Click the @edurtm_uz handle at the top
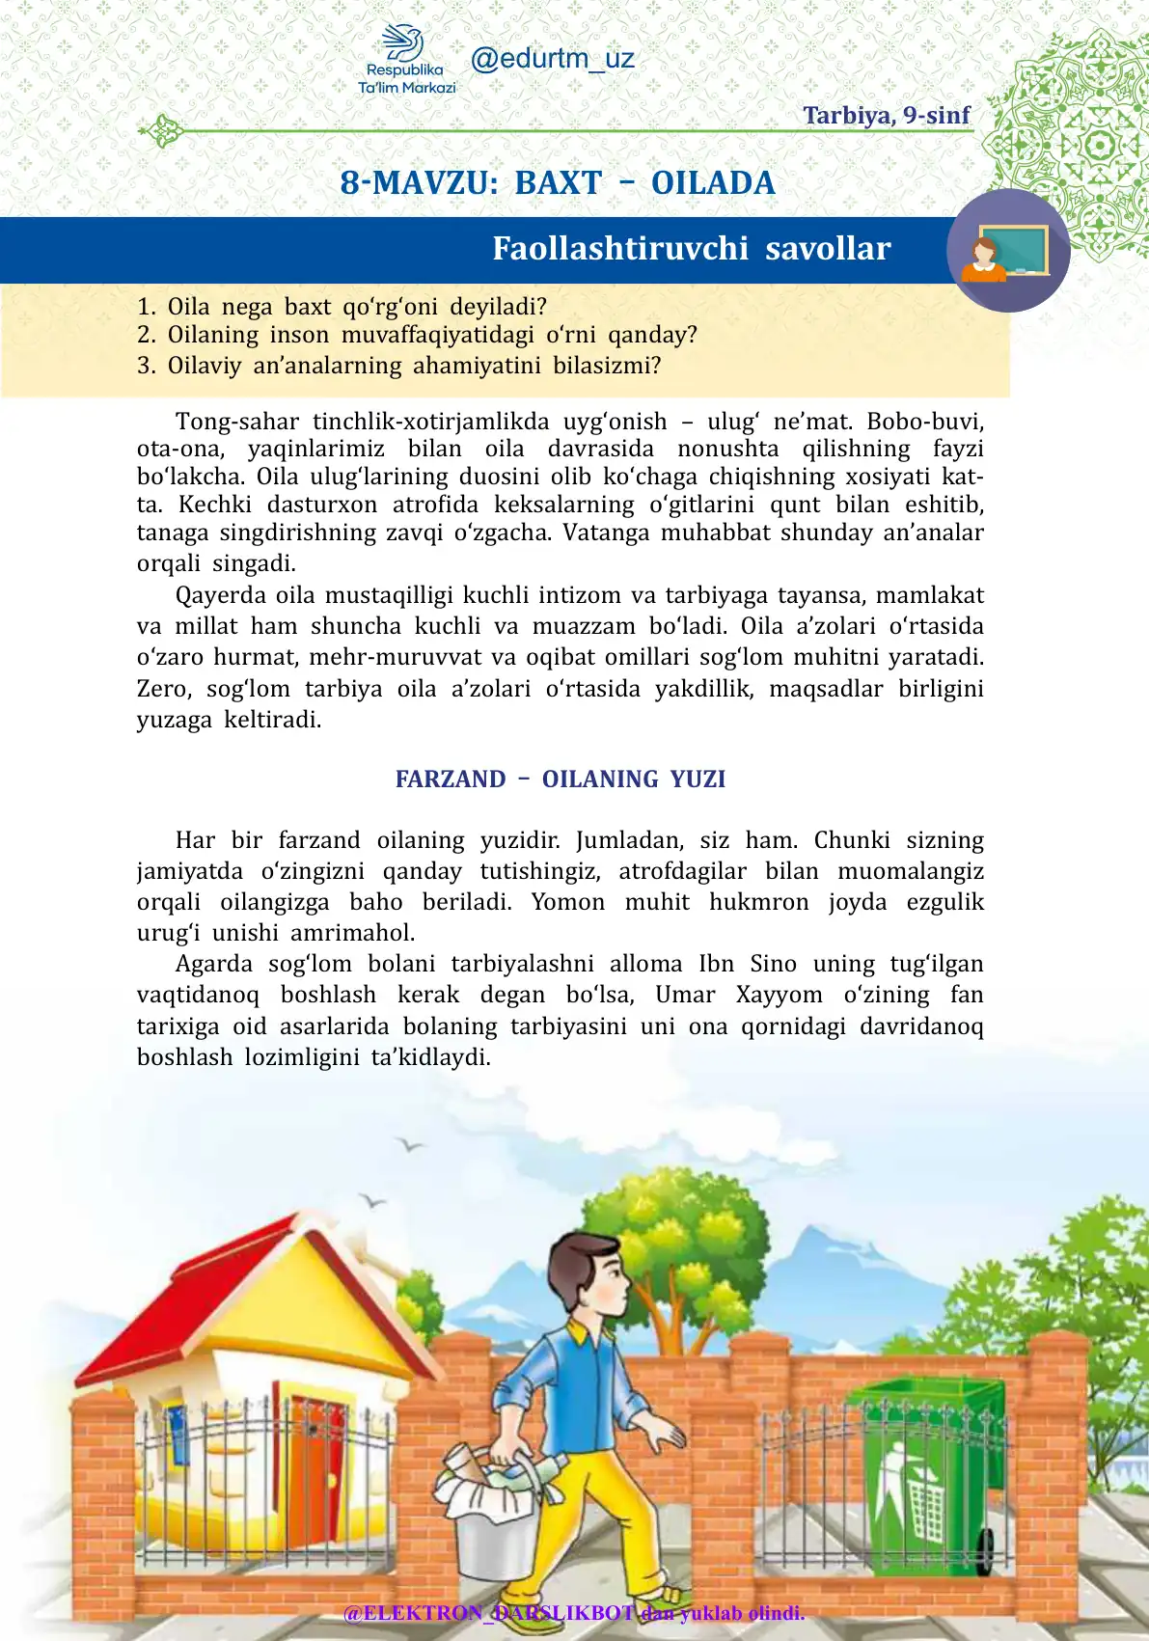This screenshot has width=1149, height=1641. click(x=552, y=59)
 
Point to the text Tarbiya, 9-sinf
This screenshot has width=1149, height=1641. click(x=886, y=116)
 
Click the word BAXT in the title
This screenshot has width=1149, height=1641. click(x=558, y=183)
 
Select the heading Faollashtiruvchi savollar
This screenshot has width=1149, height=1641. click(x=691, y=249)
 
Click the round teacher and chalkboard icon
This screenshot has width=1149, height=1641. click(x=1008, y=251)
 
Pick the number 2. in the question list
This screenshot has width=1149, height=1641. click(x=146, y=336)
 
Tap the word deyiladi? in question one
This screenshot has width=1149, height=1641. click(x=498, y=307)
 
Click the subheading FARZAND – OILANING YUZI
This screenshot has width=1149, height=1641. click(x=560, y=779)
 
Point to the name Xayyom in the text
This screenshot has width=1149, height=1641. click(x=779, y=995)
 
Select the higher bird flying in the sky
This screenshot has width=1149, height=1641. click(x=410, y=1144)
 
